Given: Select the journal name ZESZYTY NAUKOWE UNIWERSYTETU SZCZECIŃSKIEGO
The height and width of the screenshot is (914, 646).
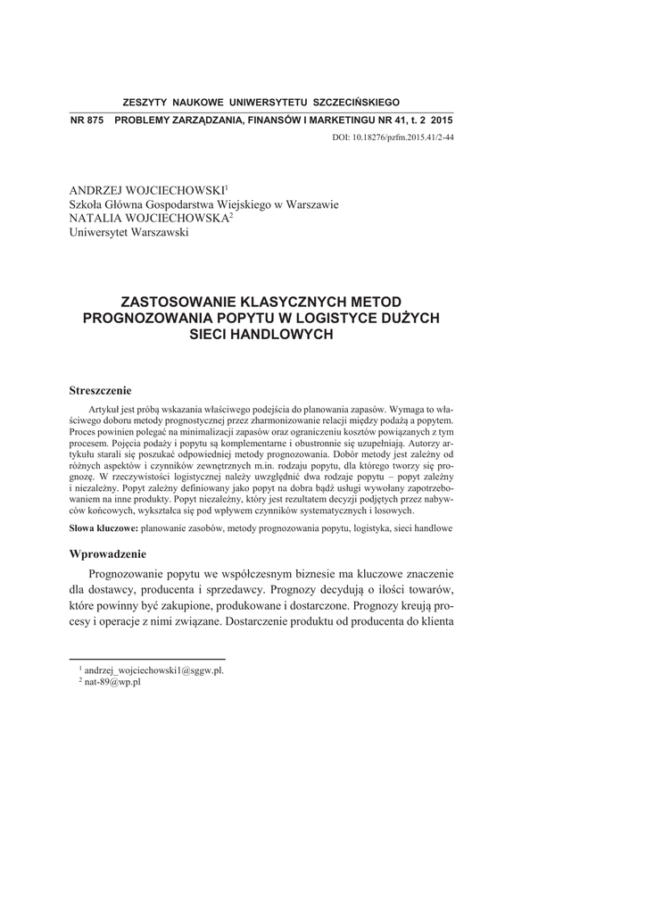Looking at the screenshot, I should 261,103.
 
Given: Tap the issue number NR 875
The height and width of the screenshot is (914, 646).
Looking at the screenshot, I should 87,120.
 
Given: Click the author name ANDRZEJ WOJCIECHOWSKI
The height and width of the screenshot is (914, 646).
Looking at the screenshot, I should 147,191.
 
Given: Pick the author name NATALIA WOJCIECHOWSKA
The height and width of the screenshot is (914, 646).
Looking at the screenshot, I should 149,219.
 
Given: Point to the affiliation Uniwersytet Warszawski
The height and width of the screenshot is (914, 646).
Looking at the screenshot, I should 129,233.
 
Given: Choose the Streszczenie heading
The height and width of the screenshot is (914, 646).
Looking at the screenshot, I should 100,390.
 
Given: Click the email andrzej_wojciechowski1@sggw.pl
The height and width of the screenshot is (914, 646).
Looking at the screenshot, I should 153,669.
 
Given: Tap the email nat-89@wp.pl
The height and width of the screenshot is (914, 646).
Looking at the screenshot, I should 112,681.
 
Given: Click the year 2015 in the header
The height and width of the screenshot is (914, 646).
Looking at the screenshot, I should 440,120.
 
